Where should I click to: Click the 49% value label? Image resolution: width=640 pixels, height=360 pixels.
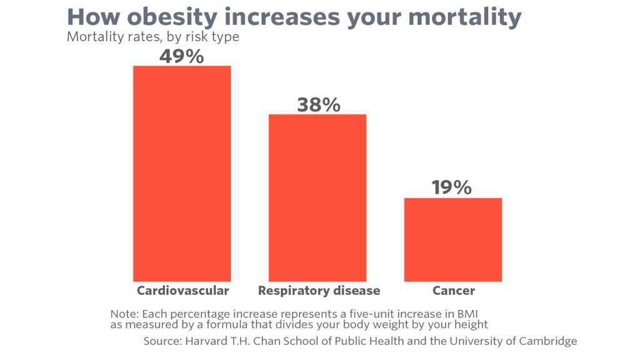click(181, 56)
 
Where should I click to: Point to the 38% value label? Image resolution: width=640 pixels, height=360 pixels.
click(318, 104)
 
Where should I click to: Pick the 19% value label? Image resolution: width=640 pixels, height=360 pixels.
click(451, 187)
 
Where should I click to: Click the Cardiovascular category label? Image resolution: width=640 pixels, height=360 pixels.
click(182, 291)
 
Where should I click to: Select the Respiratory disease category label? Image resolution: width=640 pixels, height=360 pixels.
click(319, 291)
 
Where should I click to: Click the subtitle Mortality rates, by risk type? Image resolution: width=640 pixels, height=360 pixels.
click(153, 37)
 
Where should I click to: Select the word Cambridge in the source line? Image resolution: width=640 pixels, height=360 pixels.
click(549, 341)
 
